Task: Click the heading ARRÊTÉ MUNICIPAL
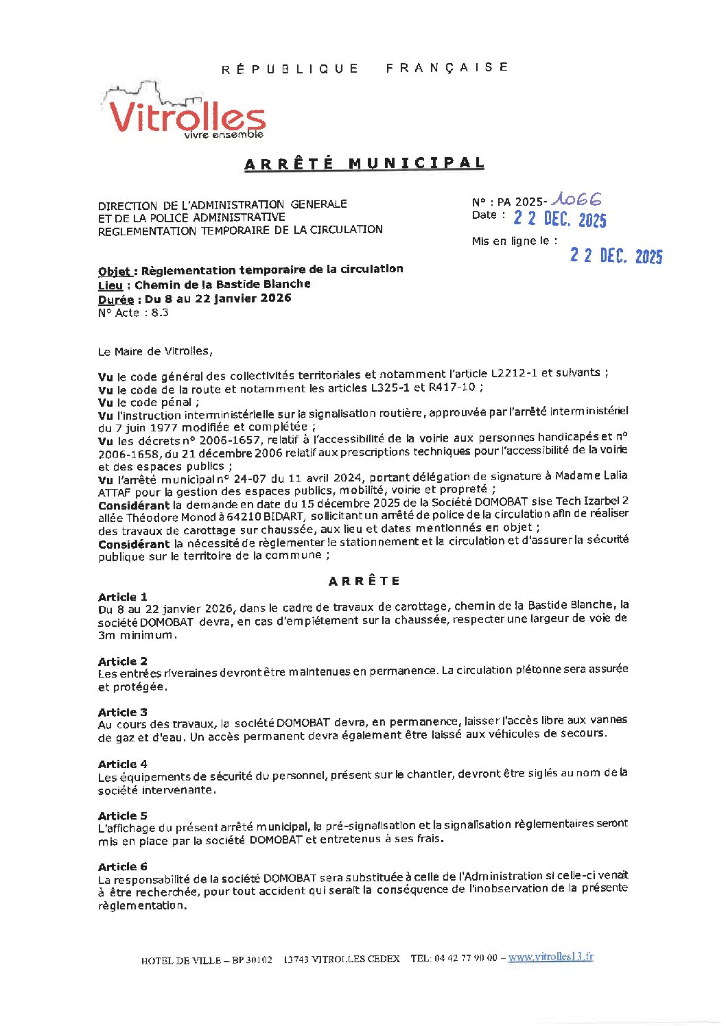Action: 364,163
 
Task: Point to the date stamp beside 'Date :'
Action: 560,219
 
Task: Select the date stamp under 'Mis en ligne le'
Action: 616,256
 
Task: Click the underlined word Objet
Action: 114,271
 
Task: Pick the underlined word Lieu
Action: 110,285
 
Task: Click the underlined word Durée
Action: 115,300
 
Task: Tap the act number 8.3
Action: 160,313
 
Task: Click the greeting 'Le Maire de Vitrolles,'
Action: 155,351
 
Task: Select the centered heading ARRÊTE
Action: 364,581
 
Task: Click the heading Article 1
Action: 123,597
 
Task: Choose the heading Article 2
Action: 123,661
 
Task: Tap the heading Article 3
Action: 123,712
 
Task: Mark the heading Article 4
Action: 123,764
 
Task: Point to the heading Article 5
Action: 123,815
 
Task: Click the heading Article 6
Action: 123,867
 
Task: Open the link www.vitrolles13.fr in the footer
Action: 550,957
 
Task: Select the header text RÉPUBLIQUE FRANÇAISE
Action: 364,68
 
